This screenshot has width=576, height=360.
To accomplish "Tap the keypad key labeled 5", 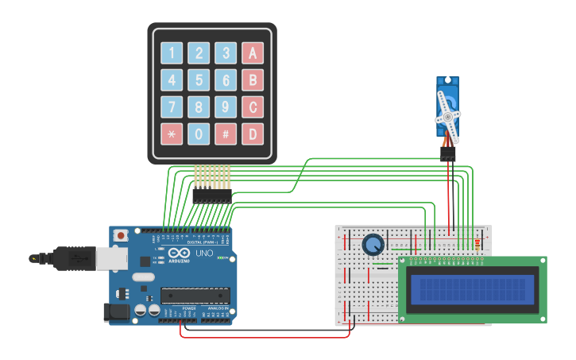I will pos(199,80).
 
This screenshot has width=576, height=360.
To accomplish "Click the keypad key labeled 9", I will pos(226,106).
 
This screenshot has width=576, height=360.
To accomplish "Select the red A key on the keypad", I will pos(253,53).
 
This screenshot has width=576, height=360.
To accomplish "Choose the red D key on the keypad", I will pos(253,134).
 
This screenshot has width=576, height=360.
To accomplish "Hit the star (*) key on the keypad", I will pos(172,134).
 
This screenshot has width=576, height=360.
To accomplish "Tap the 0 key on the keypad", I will pos(199,134).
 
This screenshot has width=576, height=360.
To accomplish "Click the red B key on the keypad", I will pos(253,80).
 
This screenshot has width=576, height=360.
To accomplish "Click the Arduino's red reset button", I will pos(121,235).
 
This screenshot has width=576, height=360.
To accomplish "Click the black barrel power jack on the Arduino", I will pos(118,312).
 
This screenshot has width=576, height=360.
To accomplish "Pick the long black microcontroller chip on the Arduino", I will pos(195,296).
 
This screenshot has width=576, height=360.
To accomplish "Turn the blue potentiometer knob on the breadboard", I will pos(373,245).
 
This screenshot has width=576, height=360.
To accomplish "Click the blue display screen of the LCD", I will pos(472,289).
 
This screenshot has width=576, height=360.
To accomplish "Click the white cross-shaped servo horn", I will pos(447,117).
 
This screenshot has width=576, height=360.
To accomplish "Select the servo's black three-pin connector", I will pos(448,155).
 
